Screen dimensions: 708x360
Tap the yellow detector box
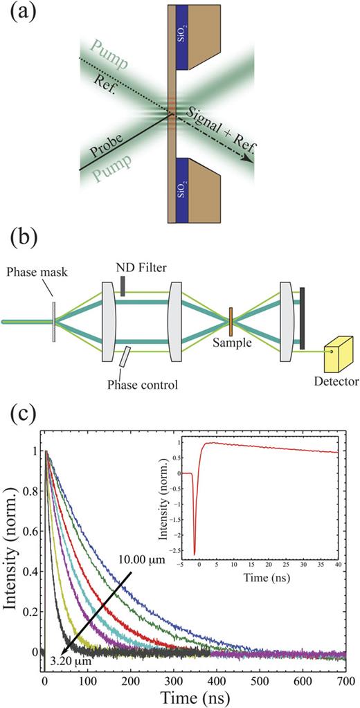[334, 356]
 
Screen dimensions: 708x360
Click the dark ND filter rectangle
[122, 287]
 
